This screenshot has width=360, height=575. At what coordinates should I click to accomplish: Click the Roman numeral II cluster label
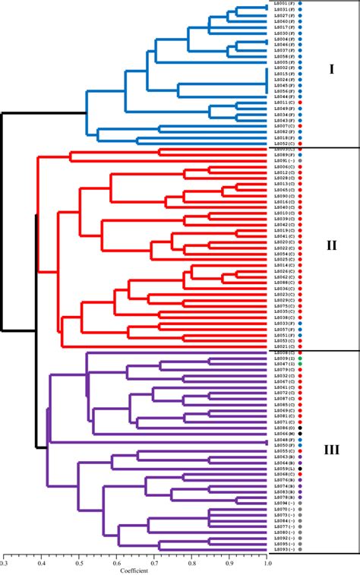331,247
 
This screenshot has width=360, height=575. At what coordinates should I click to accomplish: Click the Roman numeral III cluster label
331,450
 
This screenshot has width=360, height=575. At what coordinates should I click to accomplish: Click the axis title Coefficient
135,571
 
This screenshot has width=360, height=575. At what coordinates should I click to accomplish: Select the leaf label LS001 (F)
285,4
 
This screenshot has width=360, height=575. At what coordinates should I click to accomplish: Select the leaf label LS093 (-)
285,549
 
